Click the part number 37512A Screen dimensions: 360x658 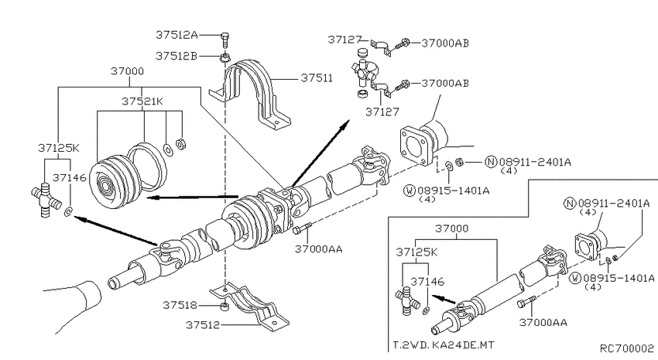pos(177,34)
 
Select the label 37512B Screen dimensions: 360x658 pos(177,56)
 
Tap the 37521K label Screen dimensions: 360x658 pos(142,101)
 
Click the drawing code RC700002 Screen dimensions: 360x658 pos(626,349)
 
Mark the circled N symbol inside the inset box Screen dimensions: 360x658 pos(571,204)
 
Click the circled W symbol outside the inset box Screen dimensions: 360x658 pos(410,189)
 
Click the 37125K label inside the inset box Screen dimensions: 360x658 pos(418,252)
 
